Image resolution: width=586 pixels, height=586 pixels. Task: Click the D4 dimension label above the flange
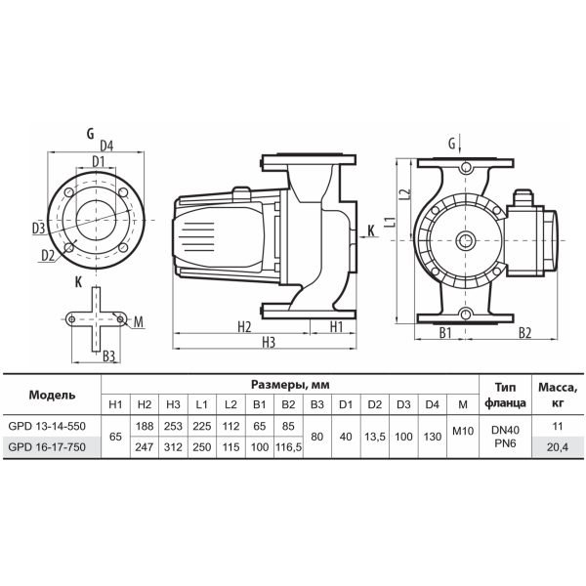point(106,146)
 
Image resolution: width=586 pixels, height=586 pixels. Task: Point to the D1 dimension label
point(99,162)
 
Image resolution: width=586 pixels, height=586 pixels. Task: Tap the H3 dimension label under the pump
point(269,342)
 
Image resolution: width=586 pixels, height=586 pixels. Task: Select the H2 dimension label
point(244,326)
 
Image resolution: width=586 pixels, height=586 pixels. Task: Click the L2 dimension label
point(404,193)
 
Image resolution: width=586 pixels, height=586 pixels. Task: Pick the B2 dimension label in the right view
point(524,333)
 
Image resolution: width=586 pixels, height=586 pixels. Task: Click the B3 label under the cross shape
point(108,356)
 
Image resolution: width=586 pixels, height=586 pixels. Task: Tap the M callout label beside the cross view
point(139,321)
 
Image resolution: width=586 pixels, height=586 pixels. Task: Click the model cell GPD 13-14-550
point(47,426)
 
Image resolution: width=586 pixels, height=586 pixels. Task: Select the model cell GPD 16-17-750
point(47,447)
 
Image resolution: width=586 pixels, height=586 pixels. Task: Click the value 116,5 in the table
point(288,447)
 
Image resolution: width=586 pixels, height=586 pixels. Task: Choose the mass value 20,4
point(558,447)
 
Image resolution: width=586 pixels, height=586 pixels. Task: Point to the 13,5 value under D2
point(375,437)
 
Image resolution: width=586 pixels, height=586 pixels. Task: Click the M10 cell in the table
point(463,431)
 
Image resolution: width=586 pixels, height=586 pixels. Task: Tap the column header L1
point(202,404)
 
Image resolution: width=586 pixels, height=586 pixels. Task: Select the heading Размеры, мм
point(290,385)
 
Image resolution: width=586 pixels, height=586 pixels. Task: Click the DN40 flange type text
point(505,430)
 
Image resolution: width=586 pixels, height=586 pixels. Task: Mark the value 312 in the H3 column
point(173,447)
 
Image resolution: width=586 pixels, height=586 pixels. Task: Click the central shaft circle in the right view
point(466,240)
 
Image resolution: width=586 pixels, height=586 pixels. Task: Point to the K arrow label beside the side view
point(371,230)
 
